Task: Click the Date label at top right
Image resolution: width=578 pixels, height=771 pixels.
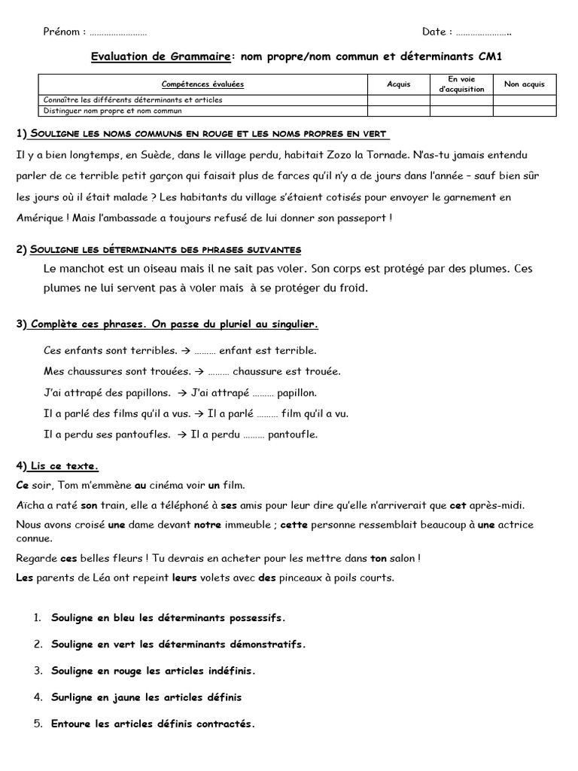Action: [x=433, y=32]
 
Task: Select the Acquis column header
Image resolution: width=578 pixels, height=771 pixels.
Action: [x=398, y=84]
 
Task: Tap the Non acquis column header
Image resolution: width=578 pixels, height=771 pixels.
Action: [x=525, y=84]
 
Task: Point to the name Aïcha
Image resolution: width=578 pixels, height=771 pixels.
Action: [x=30, y=504]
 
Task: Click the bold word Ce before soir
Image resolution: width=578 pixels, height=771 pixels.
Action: [x=22, y=486]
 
